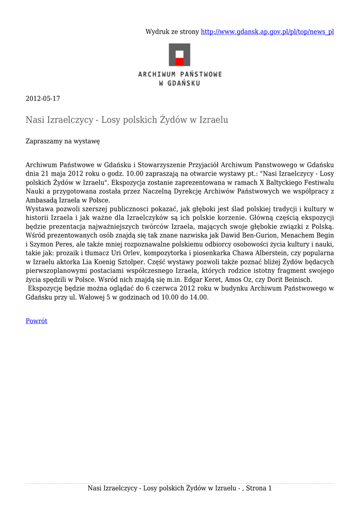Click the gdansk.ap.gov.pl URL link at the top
click(x=267, y=32)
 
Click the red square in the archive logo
click(x=179, y=62)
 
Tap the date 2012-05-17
click(x=43, y=99)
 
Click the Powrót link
click(x=36, y=321)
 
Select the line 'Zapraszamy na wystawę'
click(x=63, y=141)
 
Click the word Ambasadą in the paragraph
click(x=41, y=200)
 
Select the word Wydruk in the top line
click(x=156, y=32)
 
